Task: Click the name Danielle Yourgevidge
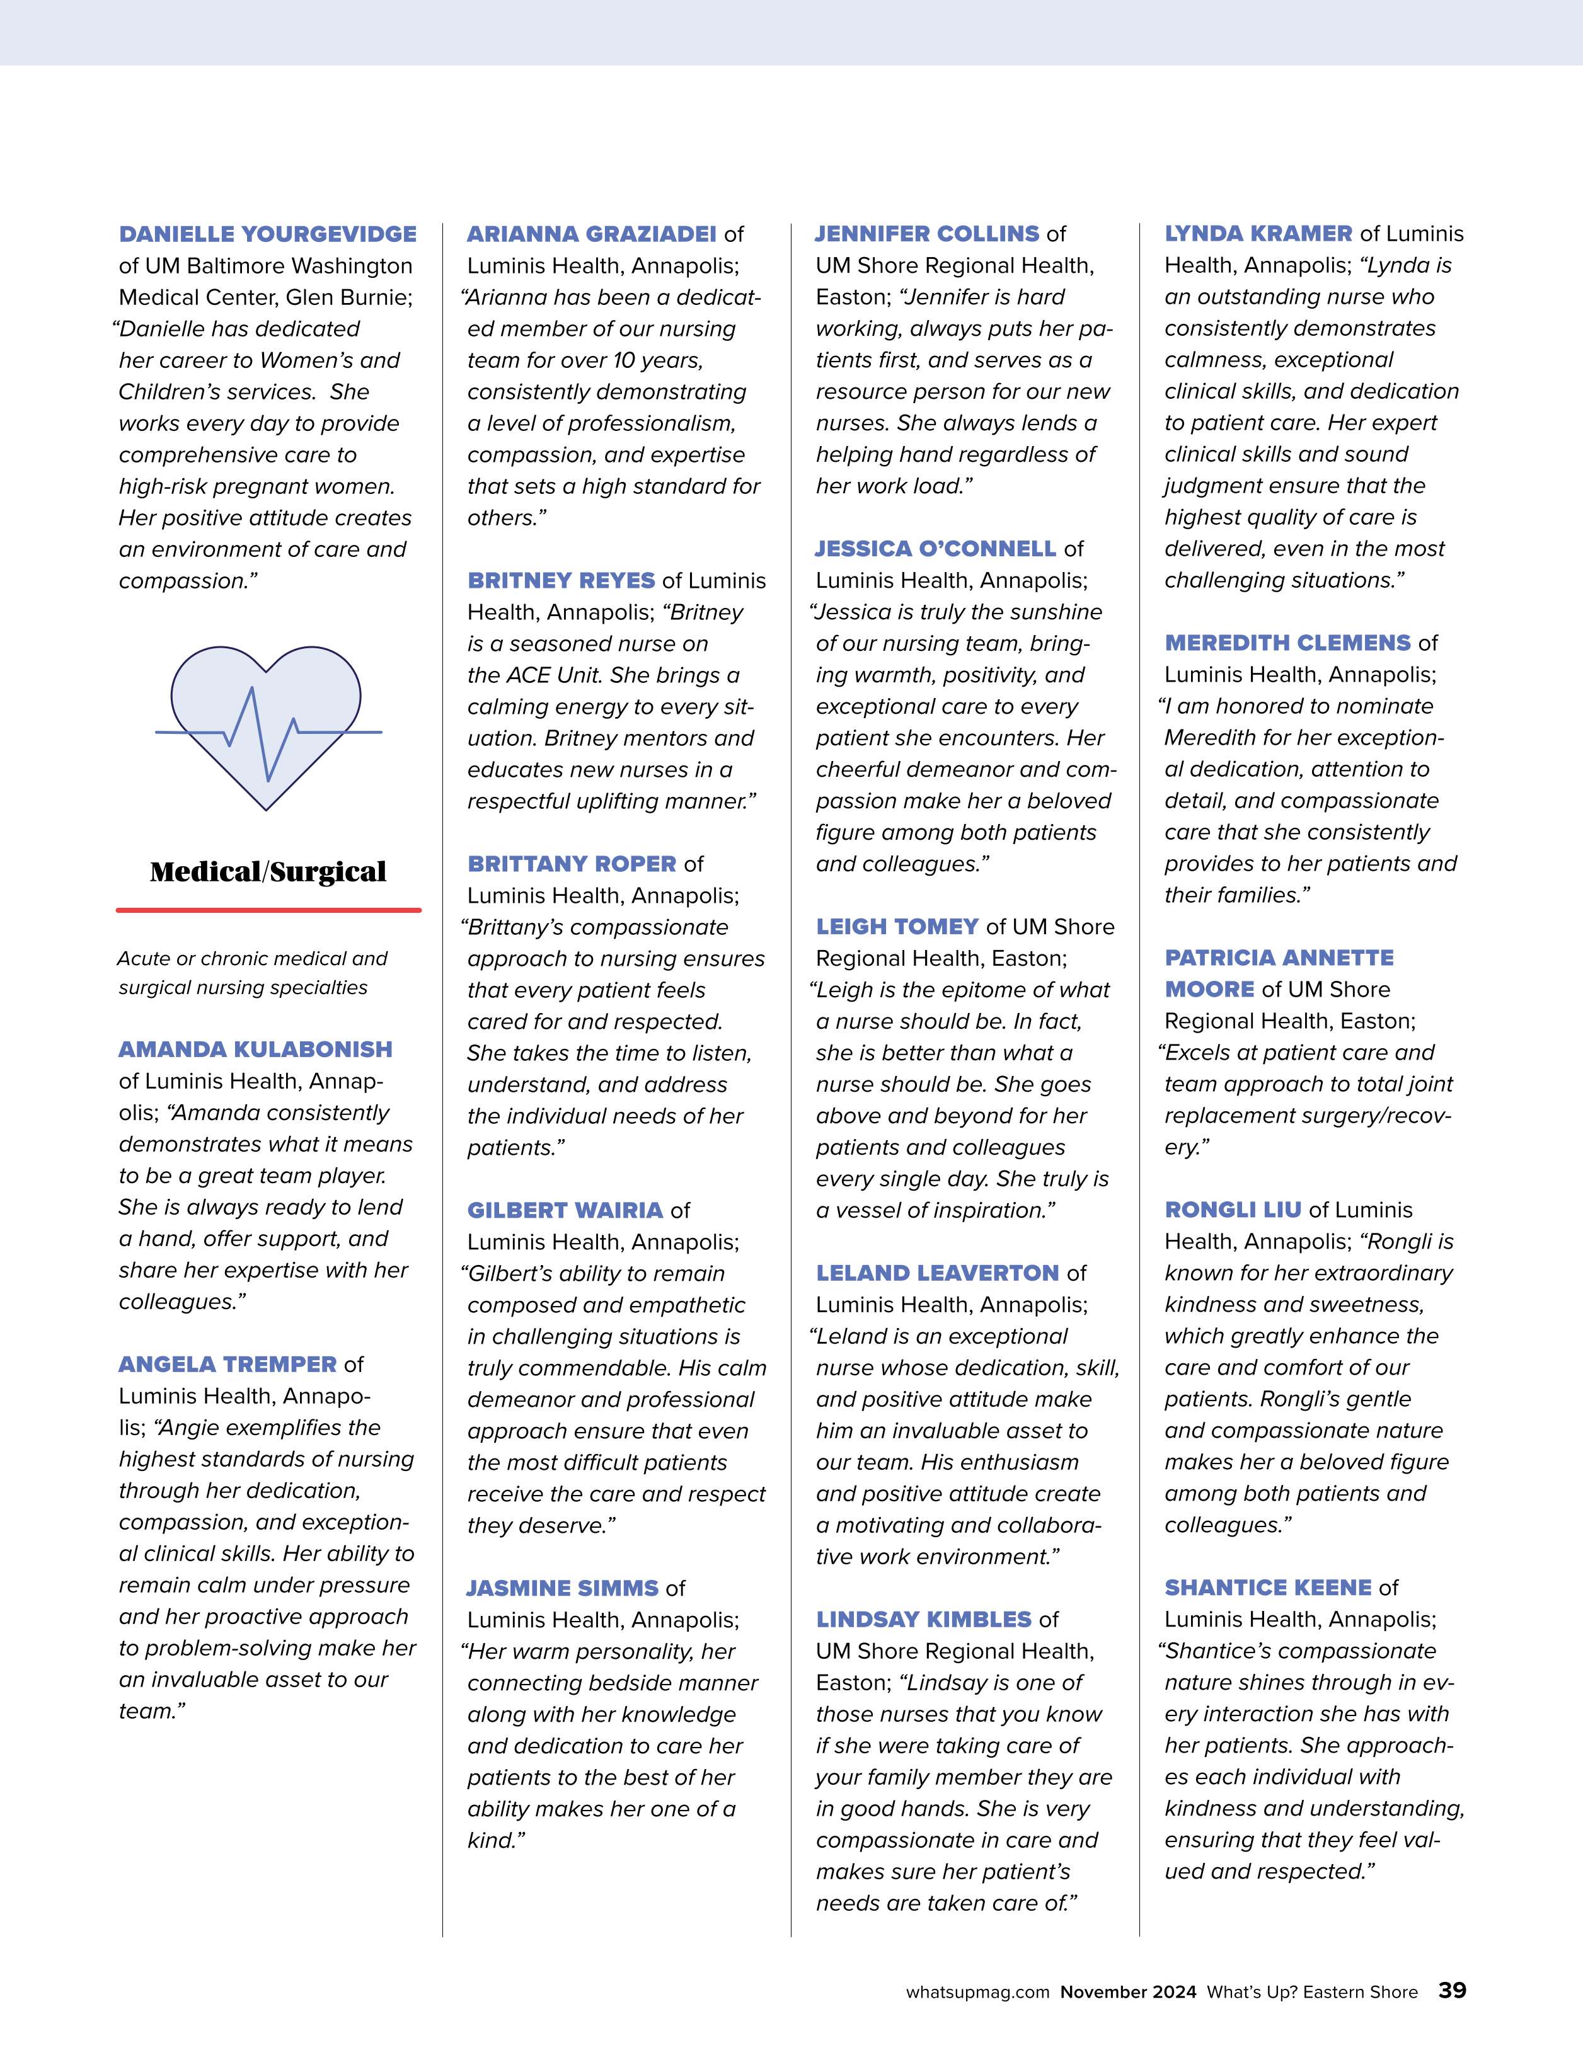click(267, 234)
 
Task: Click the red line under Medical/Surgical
click(268, 910)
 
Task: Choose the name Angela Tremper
click(227, 1365)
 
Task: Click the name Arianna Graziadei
click(591, 234)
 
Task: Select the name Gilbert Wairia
click(565, 1210)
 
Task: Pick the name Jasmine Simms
click(563, 1588)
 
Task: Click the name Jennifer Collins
click(927, 234)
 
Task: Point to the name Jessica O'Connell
click(935, 549)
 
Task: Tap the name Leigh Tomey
click(897, 927)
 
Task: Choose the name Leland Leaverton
click(937, 1273)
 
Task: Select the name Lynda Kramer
click(1258, 234)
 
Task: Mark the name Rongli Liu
click(1233, 1210)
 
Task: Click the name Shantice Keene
click(1268, 1588)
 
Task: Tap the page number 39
click(1451, 1991)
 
